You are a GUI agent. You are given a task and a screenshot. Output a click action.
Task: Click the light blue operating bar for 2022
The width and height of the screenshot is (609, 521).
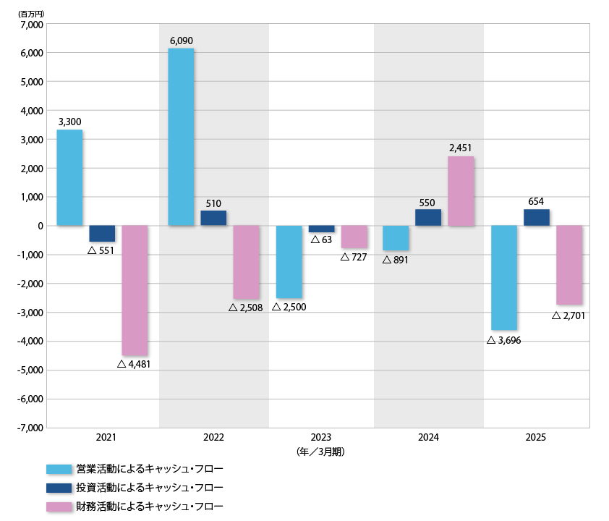tap(180, 137)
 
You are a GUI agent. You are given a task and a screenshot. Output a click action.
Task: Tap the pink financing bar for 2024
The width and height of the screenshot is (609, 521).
tap(461, 191)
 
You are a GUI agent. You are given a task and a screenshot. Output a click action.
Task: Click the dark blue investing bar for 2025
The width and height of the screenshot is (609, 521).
tap(536, 217)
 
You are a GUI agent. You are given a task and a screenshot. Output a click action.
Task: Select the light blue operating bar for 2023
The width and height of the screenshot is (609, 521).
tap(288, 262)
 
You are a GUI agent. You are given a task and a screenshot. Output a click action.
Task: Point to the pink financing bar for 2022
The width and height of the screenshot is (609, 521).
tap(246, 262)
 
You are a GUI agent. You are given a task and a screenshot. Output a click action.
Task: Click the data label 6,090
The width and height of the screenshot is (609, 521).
tap(181, 41)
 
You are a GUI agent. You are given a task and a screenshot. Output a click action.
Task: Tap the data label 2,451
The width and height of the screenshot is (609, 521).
tap(461, 148)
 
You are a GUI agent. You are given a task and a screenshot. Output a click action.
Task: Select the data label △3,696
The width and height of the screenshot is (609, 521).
tap(503, 339)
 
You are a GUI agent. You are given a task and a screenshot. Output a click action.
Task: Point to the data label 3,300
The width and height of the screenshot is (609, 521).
tap(69, 122)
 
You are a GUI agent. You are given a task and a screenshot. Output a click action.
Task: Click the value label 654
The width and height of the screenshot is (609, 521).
tap(536, 201)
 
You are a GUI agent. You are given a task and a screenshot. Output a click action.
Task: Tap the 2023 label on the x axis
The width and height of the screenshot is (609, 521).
tap(321, 438)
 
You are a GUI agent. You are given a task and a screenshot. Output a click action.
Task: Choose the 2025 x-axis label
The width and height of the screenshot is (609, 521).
tap(536, 438)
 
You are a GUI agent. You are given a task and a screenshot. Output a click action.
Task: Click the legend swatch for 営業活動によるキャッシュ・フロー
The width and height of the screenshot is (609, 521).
tap(59, 469)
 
